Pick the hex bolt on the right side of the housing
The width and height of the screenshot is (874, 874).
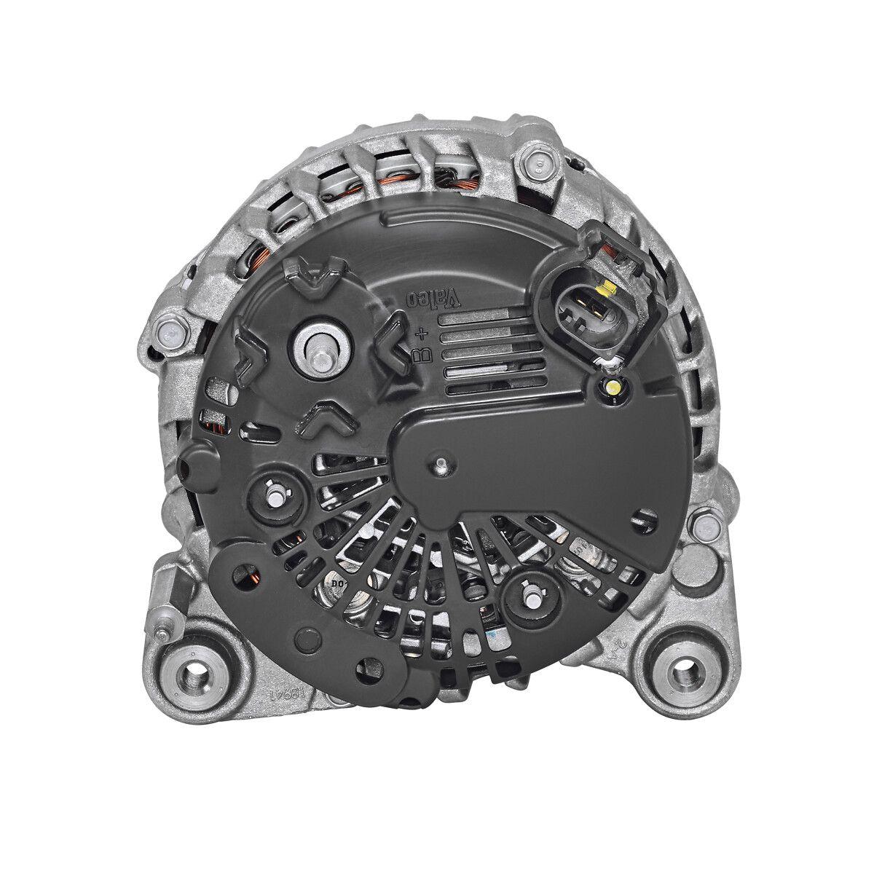[704, 526]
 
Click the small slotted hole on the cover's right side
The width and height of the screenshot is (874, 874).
[640, 518]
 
